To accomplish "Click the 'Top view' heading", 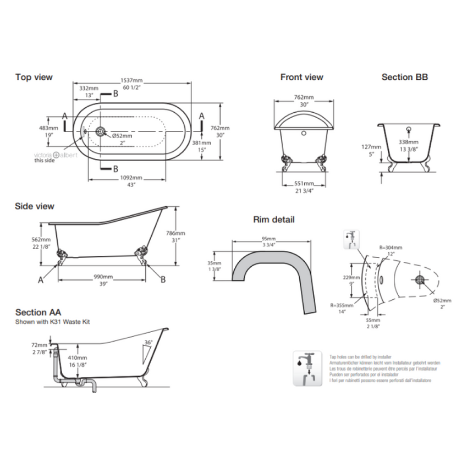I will click(x=34, y=78).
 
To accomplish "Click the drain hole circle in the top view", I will click(x=101, y=131).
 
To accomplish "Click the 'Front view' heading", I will click(x=301, y=78).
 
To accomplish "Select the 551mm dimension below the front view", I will click(x=305, y=184).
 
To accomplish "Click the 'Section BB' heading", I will click(x=405, y=78).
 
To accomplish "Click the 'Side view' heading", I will click(x=35, y=206).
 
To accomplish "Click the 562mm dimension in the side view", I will click(x=42, y=240).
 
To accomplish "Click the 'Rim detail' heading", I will click(x=273, y=219).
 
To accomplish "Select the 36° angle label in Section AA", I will click(x=147, y=342).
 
